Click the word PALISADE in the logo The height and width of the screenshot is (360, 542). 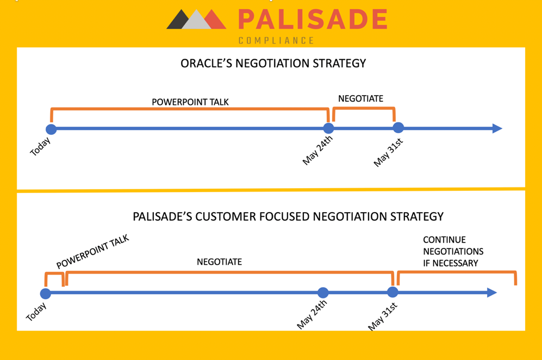[313, 20]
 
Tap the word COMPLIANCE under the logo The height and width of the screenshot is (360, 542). [276, 40]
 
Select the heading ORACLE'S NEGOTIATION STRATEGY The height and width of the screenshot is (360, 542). [273, 63]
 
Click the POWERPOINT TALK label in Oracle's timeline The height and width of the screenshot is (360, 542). [190, 102]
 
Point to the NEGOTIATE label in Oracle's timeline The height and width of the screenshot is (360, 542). [360, 98]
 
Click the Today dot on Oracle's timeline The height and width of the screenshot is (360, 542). [51, 129]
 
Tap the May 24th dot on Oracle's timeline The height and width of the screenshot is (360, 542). [328, 128]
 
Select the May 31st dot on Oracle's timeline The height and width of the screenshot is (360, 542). [398, 128]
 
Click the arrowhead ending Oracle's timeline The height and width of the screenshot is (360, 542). [497, 128]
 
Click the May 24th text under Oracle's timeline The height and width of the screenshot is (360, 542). [317, 150]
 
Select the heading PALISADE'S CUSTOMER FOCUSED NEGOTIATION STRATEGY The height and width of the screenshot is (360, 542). [288, 216]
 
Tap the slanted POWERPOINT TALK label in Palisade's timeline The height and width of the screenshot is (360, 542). [92, 251]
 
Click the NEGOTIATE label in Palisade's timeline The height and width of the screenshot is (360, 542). [219, 262]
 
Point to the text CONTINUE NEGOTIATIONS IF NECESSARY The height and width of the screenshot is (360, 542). [453, 251]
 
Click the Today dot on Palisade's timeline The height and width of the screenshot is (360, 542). [46, 294]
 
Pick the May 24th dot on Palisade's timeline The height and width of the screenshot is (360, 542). [323, 293]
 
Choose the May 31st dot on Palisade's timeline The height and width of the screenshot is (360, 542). [393, 292]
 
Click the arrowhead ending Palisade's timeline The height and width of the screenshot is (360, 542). [492, 293]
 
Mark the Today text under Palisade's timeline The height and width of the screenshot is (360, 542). [36, 312]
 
